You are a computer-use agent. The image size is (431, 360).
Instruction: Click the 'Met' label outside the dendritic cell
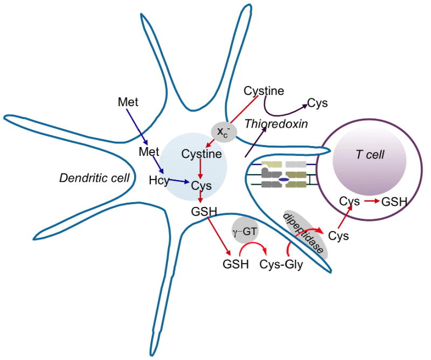(128, 101)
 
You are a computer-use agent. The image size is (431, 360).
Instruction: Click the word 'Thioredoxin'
(276, 124)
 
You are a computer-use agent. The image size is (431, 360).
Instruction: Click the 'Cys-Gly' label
(281, 265)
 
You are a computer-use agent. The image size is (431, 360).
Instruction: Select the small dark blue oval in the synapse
(282, 180)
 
